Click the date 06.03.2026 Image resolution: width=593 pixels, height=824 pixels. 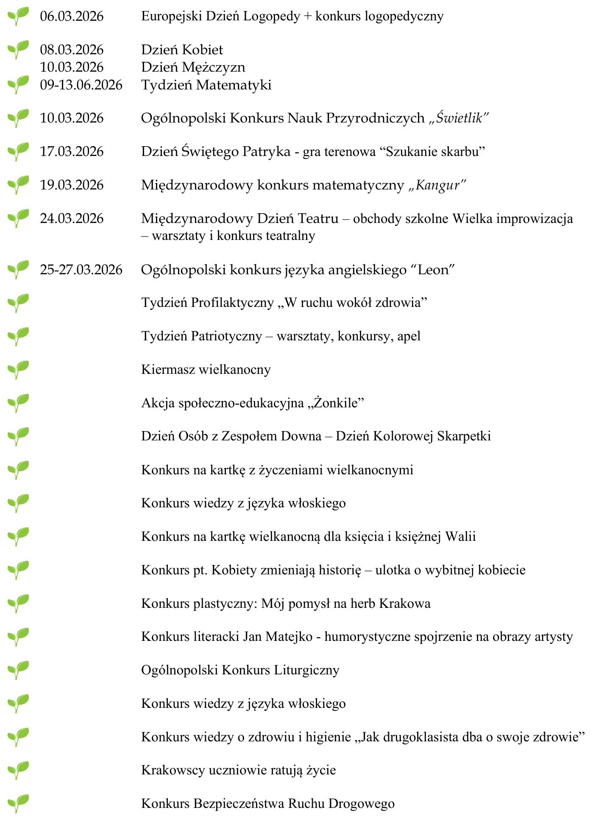click(x=72, y=17)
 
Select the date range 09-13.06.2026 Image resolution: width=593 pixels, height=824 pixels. click(x=81, y=85)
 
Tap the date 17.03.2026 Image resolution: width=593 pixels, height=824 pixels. click(x=72, y=152)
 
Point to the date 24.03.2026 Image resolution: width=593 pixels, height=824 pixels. click(x=72, y=219)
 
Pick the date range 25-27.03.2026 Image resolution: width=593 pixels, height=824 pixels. click(x=81, y=270)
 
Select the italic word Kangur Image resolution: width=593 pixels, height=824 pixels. click(x=438, y=185)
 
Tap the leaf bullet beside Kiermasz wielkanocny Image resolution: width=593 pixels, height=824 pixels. click(x=18, y=369)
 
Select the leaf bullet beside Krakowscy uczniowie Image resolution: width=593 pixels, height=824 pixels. click(x=18, y=770)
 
